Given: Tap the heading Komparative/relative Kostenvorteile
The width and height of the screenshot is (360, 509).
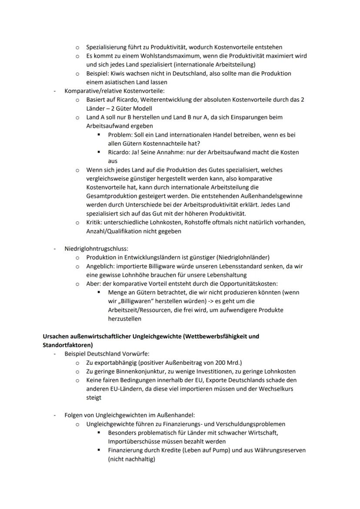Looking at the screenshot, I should (114, 91).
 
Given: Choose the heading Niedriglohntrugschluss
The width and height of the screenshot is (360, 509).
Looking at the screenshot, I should (96, 249).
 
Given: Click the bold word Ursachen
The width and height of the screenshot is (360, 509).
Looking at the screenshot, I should (57, 336).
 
